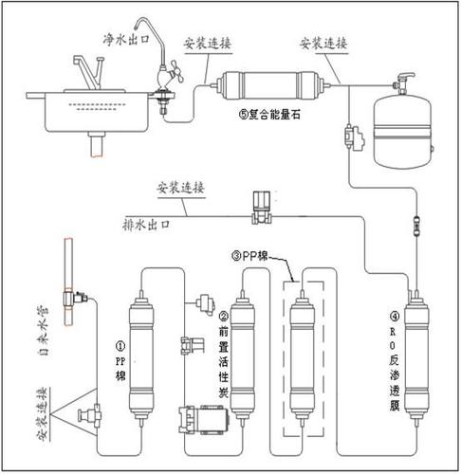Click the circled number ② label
(x=224, y=317)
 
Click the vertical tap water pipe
(x=67, y=280)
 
